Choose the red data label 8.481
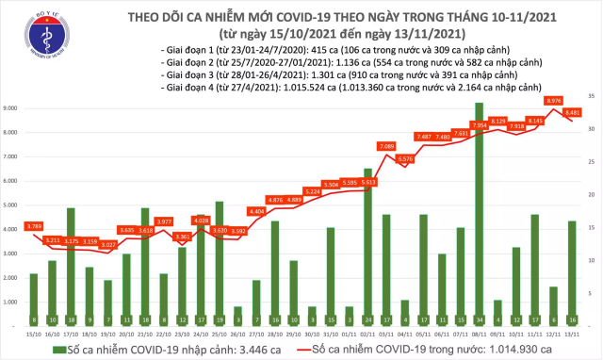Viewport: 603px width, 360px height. pyautogui.click(x=572, y=112)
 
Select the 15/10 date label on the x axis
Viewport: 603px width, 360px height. pyautogui.click(x=33, y=332)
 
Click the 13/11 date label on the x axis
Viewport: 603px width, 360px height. pyautogui.click(x=571, y=332)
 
